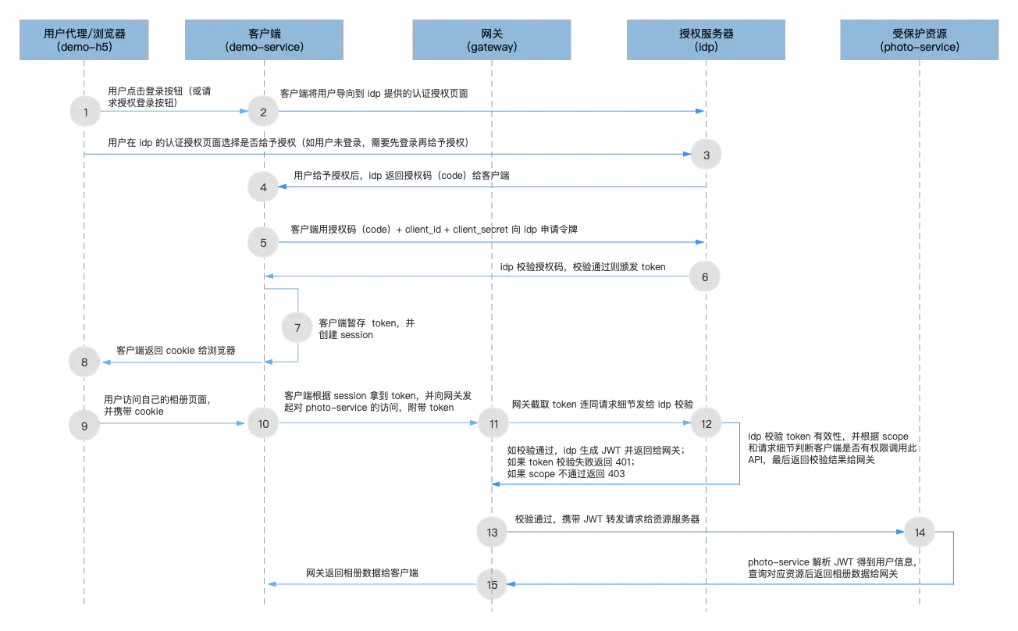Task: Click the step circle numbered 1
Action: (84, 112)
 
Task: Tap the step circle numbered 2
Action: (263, 112)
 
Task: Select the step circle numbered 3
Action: (706, 155)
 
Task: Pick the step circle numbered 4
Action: (263, 187)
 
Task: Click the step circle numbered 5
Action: (263, 243)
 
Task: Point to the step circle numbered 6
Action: (706, 276)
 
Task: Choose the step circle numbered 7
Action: (297, 328)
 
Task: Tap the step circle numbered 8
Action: (84, 362)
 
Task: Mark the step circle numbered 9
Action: (84, 425)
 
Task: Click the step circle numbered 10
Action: (263, 424)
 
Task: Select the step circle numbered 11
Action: (493, 424)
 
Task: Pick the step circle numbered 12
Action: (706, 424)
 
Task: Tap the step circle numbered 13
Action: (492, 533)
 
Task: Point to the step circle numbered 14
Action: (919, 533)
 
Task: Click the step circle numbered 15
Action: (492, 584)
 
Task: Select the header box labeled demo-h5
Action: (84, 41)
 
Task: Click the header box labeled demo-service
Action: (263, 41)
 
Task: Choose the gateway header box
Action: (493, 41)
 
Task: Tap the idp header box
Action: (706, 41)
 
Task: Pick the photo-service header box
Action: (918, 41)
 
